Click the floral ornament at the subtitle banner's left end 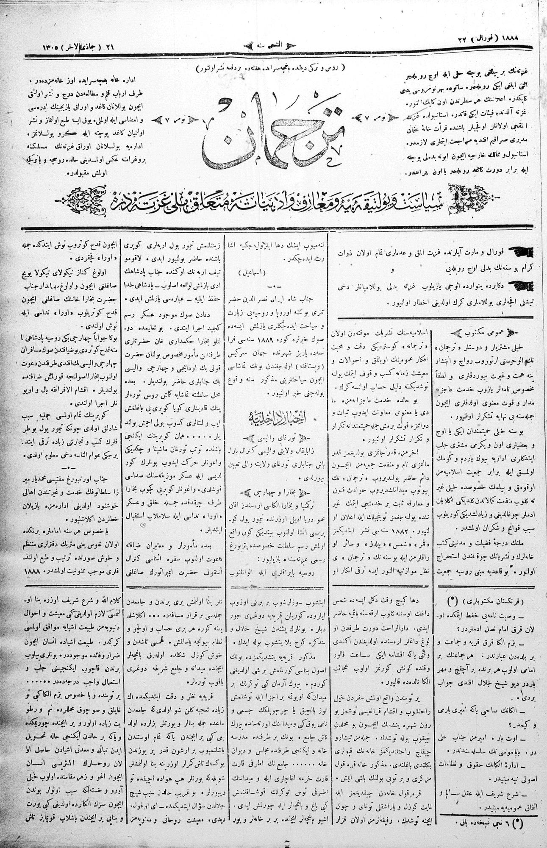83,197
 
